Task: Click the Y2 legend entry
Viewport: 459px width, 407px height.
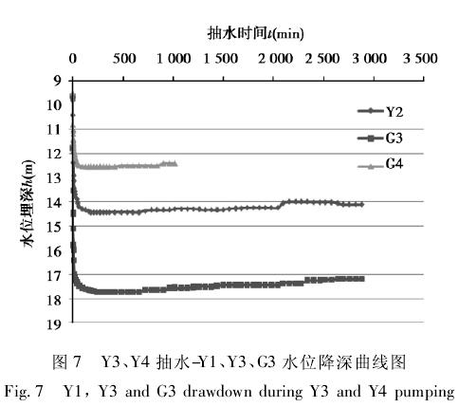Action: tap(380, 111)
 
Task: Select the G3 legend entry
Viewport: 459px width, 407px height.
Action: tap(380, 139)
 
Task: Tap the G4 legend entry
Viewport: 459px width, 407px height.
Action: tap(380, 165)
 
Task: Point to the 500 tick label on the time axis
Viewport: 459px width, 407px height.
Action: tap(124, 59)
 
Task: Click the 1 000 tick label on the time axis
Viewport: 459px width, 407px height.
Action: tap(174, 59)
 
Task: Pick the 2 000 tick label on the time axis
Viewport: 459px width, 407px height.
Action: tap(275, 59)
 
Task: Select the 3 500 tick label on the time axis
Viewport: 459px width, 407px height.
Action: tap(420, 59)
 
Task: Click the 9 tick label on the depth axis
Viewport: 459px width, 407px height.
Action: tap(57, 82)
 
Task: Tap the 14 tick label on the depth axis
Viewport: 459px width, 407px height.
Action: tap(53, 202)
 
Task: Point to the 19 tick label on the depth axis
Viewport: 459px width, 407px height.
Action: tap(53, 324)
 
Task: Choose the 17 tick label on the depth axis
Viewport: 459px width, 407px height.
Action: tap(53, 275)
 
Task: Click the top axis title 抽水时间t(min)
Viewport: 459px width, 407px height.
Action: tap(255, 33)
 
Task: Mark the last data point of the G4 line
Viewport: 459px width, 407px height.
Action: tap(174, 163)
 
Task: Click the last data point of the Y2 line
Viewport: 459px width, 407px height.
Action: tap(361, 205)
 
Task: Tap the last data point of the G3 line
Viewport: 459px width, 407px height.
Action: tap(362, 279)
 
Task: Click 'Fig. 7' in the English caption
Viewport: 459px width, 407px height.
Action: tap(24, 392)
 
